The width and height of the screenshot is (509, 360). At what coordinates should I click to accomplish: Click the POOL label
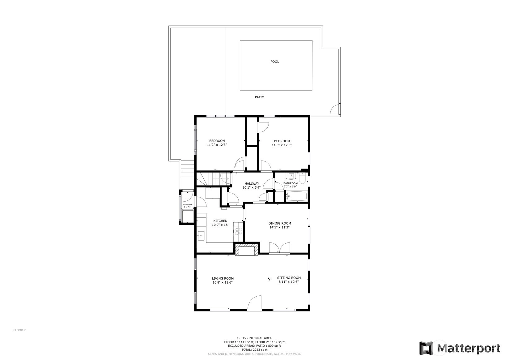tap(275, 62)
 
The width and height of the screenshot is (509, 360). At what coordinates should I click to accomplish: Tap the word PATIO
tap(260, 97)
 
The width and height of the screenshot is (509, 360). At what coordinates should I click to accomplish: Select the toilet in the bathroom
tap(302, 178)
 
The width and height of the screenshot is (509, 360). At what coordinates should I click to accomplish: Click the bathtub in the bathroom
tap(297, 196)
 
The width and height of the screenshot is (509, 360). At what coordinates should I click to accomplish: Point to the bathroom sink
tap(291, 176)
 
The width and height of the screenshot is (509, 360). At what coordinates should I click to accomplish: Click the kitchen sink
tap(201, 236)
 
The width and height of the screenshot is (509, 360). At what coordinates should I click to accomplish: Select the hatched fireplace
tap(247, 250)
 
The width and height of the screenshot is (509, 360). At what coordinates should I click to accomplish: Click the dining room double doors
tap(279, 248)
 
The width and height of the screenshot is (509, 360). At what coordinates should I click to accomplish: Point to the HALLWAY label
tap(252, 183)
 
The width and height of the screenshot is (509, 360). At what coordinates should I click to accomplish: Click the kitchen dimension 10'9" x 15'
tap(220, 225)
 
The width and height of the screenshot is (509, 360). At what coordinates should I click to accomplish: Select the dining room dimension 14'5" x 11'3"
tap(279, 227)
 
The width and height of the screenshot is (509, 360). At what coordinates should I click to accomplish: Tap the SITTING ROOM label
tap(289, 278)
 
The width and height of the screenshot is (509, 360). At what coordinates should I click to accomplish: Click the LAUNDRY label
tap(188, 205)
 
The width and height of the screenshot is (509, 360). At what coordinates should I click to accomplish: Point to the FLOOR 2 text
tap(19, 330)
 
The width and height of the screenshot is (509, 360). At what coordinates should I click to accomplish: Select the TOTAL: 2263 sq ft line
tap(254, 350)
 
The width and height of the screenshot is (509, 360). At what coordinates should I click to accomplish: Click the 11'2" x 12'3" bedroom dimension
tap(217, 145)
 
